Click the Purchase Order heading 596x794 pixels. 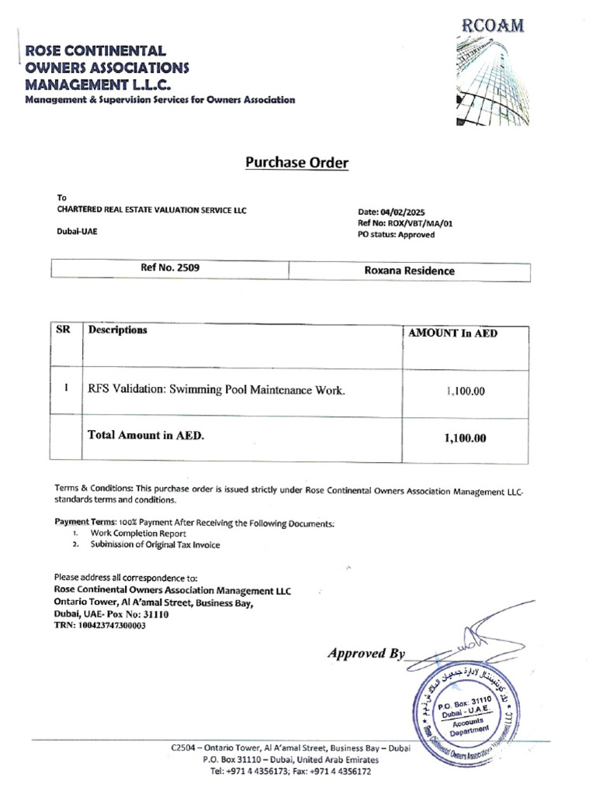pos(297,163)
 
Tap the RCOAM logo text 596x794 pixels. pos(493,27)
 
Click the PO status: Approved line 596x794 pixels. pos(396,235)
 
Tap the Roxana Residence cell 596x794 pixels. pos(409,271)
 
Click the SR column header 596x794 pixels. pos(64,330)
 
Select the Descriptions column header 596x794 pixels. pos(118,330)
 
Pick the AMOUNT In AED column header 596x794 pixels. pos(453,333)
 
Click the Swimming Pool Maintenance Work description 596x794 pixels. pos(217,389)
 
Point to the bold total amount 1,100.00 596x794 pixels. pos(465,438)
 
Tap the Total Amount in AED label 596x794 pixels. pos(147,436)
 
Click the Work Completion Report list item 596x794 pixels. pos(138,533)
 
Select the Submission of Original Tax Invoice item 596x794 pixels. pos(155,544)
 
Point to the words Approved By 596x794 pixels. pos(366,653)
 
